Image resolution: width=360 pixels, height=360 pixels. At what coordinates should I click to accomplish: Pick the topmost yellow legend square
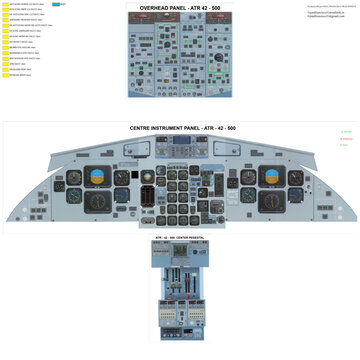[x=5, y=5]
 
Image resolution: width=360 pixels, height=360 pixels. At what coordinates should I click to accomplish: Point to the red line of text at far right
[x=346, y=139]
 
